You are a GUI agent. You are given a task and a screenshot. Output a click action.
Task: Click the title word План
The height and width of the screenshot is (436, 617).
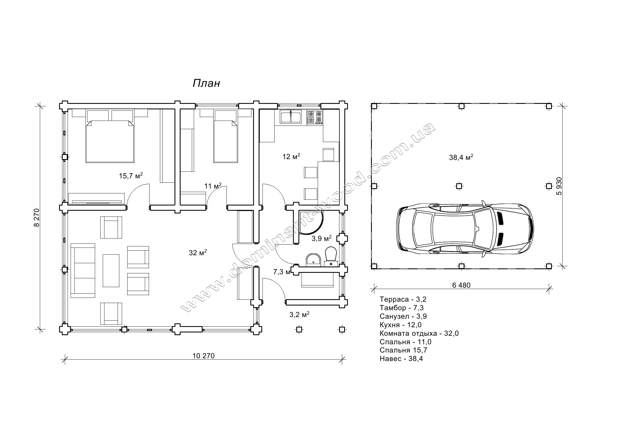point(206,83)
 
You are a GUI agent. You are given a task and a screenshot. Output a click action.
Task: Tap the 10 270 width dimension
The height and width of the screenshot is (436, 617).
point(203,356)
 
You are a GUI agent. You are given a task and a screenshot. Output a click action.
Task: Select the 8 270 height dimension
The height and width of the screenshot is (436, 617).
point(37,218)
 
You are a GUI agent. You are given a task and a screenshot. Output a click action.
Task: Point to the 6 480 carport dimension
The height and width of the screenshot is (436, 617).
point(461,285)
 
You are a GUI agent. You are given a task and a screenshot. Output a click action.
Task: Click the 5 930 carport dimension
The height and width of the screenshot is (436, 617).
point(559,186)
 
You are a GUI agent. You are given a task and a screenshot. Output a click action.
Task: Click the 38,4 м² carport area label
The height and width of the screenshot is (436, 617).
point(461,157)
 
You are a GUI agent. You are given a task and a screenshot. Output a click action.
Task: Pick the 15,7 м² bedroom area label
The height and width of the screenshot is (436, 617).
point(131,176)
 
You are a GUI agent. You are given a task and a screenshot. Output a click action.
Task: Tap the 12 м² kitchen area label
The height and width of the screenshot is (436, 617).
point(291,156)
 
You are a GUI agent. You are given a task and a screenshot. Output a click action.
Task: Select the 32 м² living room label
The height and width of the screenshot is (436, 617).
point(198,252)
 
